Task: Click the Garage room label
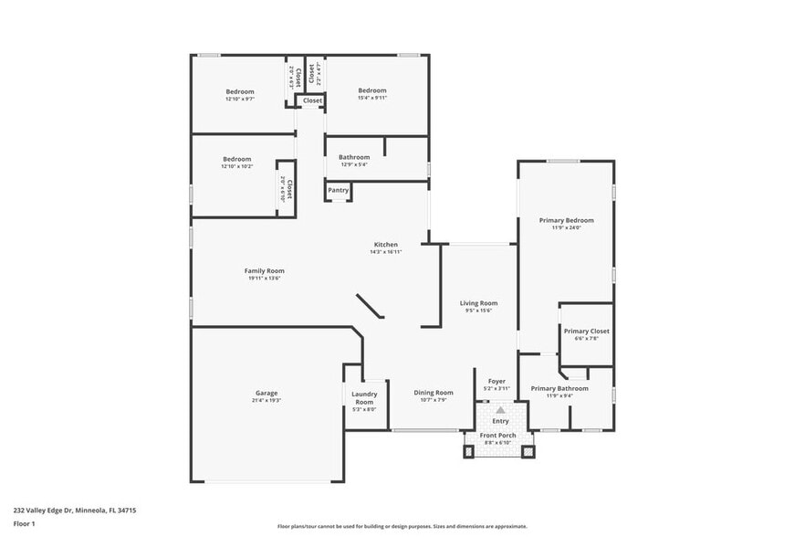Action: (x=267, y=393)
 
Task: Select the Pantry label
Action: (x=338, y=190)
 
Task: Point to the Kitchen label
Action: (x=386, y=244)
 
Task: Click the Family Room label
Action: (x=264, y=270)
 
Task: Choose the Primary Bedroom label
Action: (x=566, y=220)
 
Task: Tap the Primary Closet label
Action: (x=586, y=331)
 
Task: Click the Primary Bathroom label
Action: (x=559, y=388)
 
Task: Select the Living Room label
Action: (x=478, y=303)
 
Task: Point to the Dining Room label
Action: (x=434, y=392)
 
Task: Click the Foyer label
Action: (x=497, y=381)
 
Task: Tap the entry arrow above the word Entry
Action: (x=500, y=411)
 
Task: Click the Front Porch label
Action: (x=500, y=436)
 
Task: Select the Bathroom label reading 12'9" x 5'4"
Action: (x=354, y=157)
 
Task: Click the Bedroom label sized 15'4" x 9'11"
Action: (x=372, y=90)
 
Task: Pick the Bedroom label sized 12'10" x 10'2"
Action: (x=236, y=159)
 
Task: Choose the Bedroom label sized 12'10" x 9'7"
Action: (x=240, y=91)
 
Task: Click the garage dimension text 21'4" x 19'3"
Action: (x=267, y=401)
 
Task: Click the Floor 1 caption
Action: (x=24, y=523)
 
